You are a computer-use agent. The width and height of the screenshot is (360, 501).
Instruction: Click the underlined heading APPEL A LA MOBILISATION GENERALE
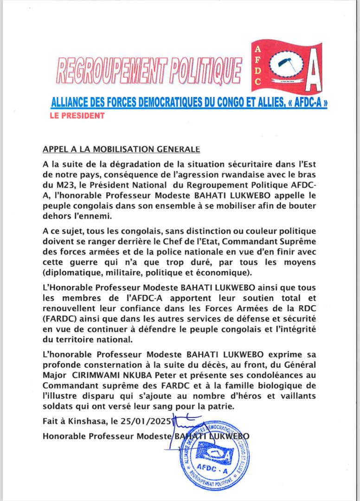121,149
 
